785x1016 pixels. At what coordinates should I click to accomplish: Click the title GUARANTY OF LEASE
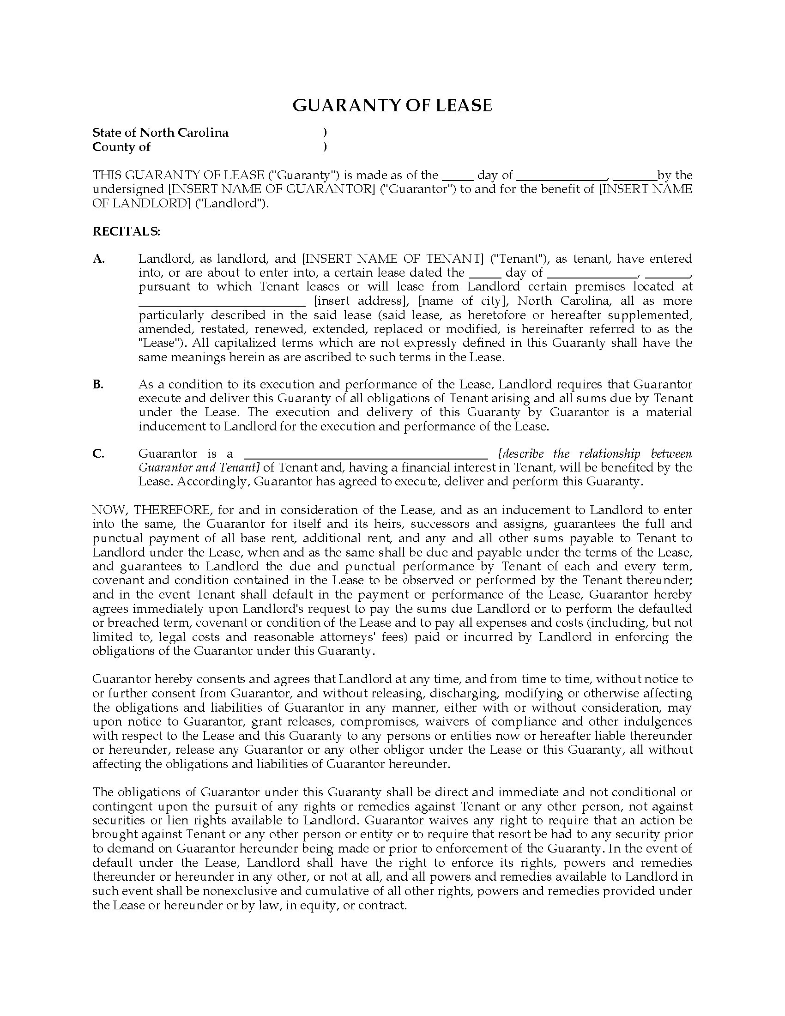[x=392, y=105]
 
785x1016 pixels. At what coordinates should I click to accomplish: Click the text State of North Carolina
[x=160, y=133]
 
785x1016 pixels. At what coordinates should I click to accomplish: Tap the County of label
[x=121, y=147]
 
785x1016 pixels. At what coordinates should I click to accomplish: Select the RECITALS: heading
[x=126, y=231]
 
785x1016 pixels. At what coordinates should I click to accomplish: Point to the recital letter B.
[x=97, y=384]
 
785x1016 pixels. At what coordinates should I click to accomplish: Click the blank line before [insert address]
[x=222, y=304]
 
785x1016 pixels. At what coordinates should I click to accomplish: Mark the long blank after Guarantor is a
[x=366, y=456]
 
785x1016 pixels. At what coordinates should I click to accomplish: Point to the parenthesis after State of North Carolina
[x=325, y=133]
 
